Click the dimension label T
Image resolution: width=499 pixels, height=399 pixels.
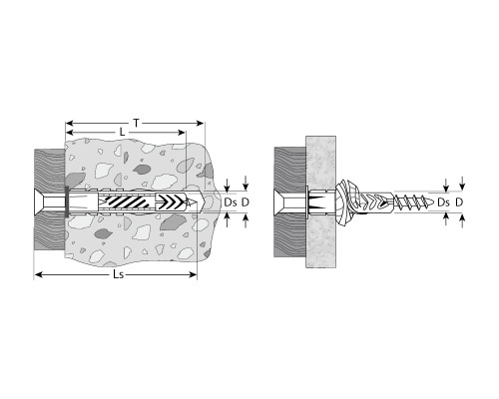click(137, 124)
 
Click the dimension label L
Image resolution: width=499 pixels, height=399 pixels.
click(123, 133)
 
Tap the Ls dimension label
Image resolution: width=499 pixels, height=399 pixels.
click(119, 274)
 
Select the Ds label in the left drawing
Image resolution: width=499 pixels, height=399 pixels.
click(231, 202)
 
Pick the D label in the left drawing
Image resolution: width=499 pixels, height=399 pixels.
click(246, 202)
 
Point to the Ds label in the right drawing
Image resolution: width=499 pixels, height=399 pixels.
click(443, 202)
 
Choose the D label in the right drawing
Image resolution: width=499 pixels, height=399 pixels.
click(459, 202)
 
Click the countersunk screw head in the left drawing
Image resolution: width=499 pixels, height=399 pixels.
click(40, 202)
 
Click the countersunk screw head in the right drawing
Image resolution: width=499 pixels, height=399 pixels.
click(279, 202)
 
